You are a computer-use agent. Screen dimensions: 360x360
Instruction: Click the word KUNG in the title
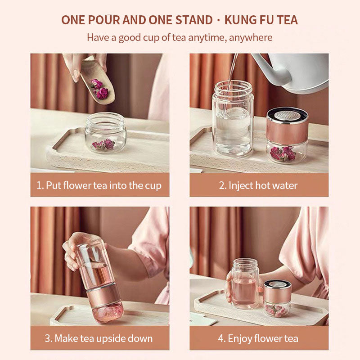click(242, 20)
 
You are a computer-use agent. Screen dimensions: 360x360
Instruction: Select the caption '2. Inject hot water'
click(259, 185)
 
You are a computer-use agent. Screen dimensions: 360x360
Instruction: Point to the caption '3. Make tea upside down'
click(99, 338)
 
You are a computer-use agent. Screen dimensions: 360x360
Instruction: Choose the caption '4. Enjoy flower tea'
click(259, 338)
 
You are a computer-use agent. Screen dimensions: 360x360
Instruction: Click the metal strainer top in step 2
click(287, 115)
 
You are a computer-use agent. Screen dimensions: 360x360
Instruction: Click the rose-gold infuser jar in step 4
click(277, 298)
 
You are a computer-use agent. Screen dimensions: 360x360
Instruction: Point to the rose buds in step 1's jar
click(103, 144)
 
